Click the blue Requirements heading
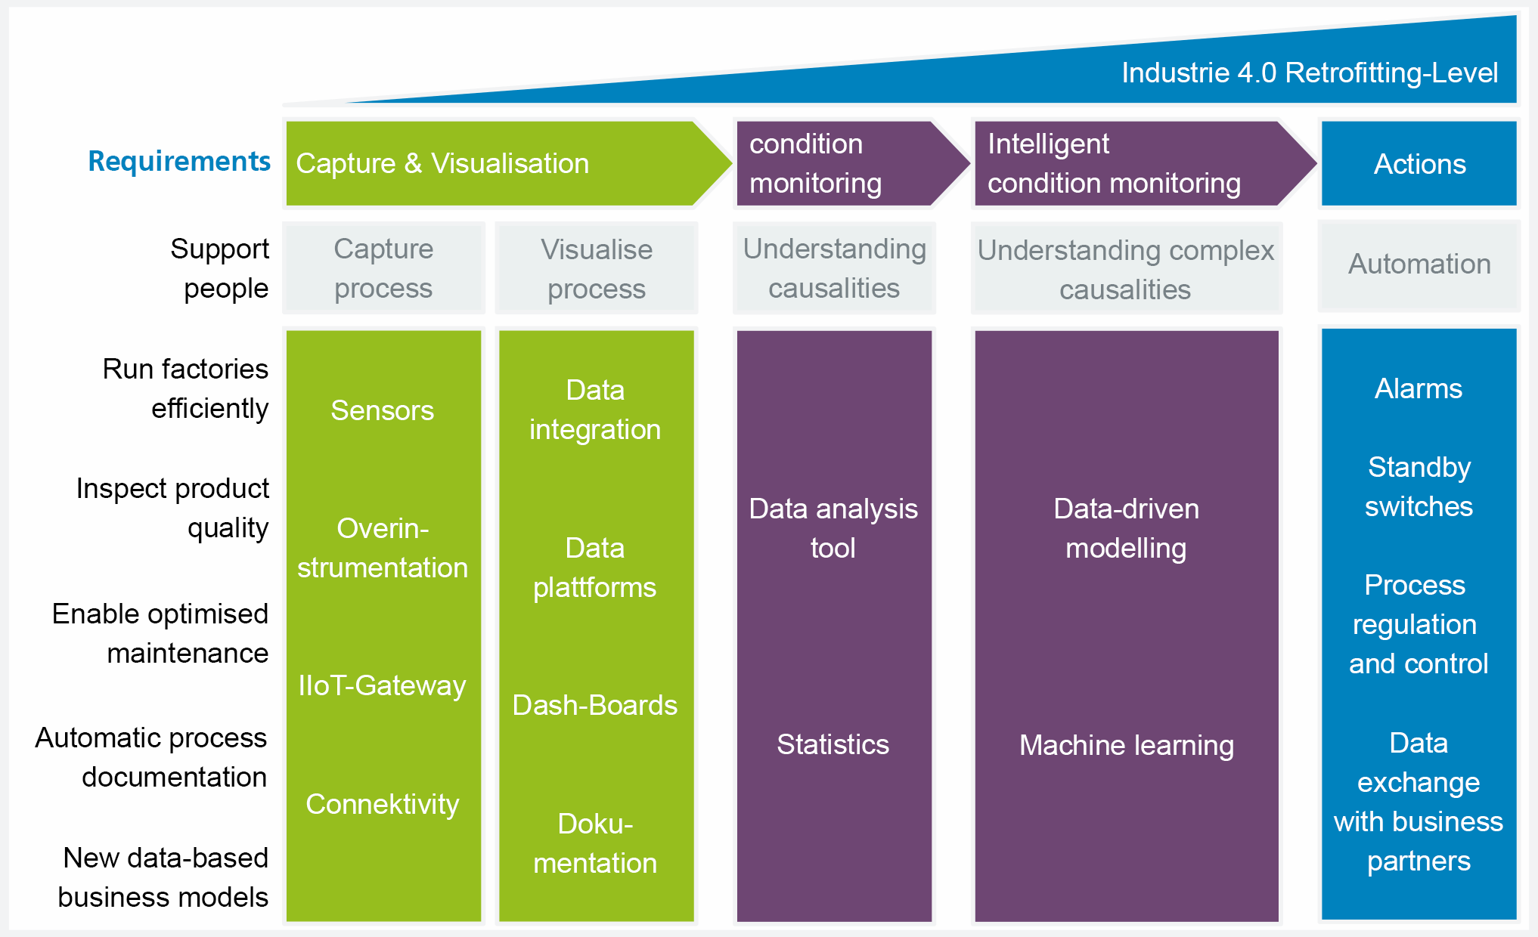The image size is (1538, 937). (179, 161)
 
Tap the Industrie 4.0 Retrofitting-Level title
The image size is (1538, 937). (1309, 73)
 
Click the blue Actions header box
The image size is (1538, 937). (1419, 163)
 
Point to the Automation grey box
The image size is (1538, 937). (1419, 265)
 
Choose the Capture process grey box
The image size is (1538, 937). (383, 267)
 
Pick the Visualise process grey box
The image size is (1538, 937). (596, 268)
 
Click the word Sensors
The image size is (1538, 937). (383, 410)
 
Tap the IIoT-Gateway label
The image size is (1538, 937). (383, 686)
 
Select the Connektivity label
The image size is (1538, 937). (383, 804)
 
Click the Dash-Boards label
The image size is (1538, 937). (595, 705)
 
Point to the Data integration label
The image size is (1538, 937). (595, 410)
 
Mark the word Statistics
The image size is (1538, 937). (833, 744)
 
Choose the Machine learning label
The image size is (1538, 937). (1127, 745)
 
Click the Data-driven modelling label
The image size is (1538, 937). (1127, 528)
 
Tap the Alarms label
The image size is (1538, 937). (1419, 388)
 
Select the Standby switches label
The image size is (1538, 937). (1419, 487)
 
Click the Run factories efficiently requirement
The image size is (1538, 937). (186, 388)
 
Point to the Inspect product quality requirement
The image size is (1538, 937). (172, 508)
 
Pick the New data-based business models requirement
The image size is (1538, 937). (163, 877)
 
